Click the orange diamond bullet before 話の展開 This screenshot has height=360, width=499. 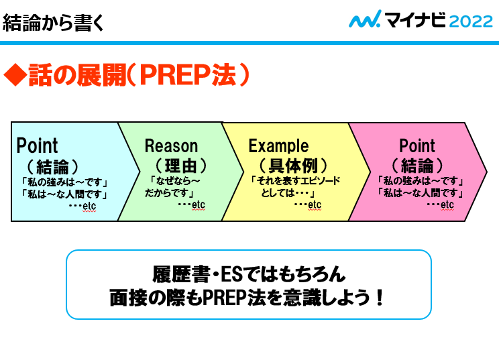pos(14,76)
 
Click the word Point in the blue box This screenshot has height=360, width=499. pos(37,145)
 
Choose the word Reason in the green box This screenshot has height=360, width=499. pos(171,146)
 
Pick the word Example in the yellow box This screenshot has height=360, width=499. pos(278,145)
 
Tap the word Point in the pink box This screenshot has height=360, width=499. pos(417,145)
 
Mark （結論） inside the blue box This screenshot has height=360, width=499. pos(53,164)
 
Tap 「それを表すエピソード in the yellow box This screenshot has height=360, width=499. pos(295,180)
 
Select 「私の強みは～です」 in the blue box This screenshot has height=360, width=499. pos(65,181)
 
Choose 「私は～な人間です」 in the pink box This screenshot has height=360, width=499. pos(421,192)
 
